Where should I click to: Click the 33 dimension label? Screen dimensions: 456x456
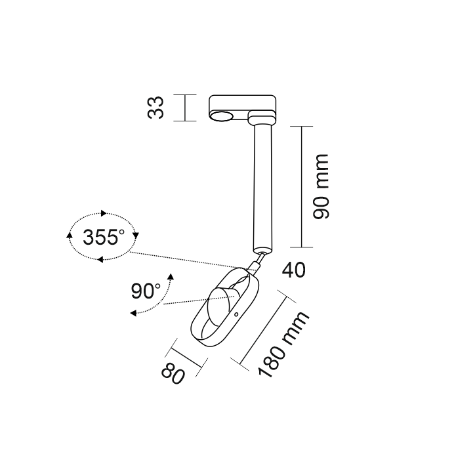tap(155, 108)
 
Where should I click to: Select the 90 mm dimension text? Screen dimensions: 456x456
tap(321, 186)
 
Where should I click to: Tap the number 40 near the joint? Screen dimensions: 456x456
tap(294, 270)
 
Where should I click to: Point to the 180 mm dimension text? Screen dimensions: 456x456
tap(283, 344)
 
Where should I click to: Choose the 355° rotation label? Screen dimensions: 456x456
tap(104, 237)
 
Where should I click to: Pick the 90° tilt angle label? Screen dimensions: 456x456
tap(146, 291)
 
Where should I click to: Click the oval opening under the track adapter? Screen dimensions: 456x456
tap(222, 116)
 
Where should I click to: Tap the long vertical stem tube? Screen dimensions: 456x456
tap(263, 188)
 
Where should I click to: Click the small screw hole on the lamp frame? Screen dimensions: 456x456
tap(236, 314)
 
